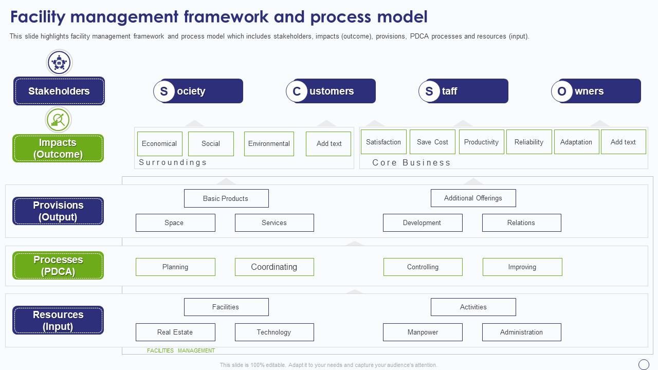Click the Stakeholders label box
click(x=59, y=91)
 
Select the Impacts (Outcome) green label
click(x=58, y=149)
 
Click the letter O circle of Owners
click(x=562, y=91)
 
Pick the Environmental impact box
click(x=269, y=144)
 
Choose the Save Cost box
click(x=432, y=142)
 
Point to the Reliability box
click(x=528, y=142)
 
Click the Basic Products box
click(x=226, y=198)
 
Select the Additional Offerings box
click(x=473, y=198)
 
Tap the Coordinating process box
click(x=274, y=267)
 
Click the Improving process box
click(x=522, y=267)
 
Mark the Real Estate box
click(x=175, y=332)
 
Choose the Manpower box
click(x=423, y=332)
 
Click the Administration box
click(x=521, y=332)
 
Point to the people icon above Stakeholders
click(x=59, y=63)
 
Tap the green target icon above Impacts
click(x=58, y=120)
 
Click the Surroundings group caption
click(x=173, y=162)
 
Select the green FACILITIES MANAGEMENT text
click(x=181, y=350)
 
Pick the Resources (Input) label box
click(x=58, y=320)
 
